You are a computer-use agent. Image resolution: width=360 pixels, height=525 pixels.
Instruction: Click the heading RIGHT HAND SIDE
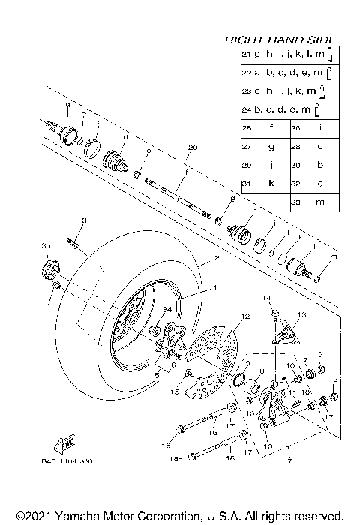pos(280,40)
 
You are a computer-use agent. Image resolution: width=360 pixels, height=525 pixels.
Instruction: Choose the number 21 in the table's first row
pos(246,55)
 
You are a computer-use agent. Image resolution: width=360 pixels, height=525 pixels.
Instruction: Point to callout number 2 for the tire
pos(216,258)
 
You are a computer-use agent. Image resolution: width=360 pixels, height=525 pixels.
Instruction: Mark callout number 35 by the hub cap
pos(46,245)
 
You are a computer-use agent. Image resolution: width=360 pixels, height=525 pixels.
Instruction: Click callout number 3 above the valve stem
pos(85,220)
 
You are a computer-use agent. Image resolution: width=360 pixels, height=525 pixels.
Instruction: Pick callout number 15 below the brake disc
pos(176,391)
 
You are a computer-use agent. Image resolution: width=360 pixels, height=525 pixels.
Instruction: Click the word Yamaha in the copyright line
pos(65,516)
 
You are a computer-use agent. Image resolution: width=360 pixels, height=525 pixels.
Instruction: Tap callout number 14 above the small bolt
pos(265,298)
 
